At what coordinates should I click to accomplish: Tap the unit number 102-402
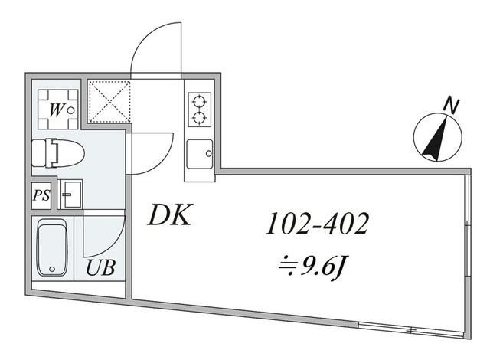coord(318,224)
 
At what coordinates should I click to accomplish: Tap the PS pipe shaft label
coord(41,195)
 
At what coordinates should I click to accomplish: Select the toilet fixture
coord(58,152)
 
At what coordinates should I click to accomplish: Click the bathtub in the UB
coord(52,248)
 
